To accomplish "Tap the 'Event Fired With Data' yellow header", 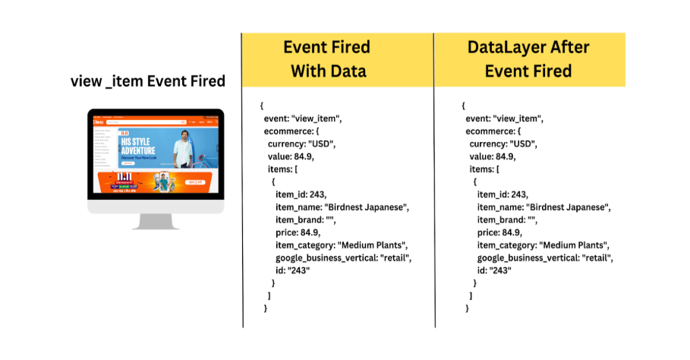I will [326, 59].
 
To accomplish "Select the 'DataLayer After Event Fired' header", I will [529, 59].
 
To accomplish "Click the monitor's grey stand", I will [156, 221].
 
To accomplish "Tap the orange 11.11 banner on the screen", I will [156, 182].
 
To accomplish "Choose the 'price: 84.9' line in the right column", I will [501, 232].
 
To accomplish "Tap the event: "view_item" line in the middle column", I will [304, 118].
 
